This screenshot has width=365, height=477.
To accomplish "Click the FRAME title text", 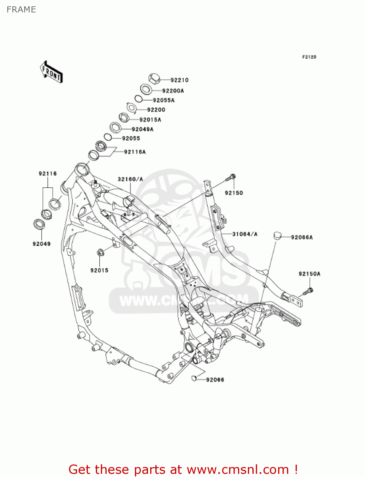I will (21, 10).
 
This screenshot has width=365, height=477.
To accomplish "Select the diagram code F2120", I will (309, 57).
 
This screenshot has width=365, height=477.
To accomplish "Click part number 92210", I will (179, 80).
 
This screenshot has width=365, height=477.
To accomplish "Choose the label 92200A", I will (173, 91).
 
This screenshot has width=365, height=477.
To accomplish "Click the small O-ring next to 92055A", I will (138, 99).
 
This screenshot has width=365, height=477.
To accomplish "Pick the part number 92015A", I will (150, 120).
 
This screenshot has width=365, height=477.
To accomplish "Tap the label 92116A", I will (135, 152).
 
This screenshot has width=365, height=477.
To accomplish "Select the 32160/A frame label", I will (130, 179).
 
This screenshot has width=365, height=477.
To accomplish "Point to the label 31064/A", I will (245, 234).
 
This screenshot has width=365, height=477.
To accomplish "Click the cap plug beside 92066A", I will (278, 236).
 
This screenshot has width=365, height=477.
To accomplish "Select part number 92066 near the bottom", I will (215, 380).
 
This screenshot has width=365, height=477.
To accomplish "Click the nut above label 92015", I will (100, 253).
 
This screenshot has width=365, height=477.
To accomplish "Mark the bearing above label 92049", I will (39, 224).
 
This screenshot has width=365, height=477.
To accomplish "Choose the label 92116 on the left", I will (48, 174).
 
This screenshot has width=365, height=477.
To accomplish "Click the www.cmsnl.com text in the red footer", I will (237, 469).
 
